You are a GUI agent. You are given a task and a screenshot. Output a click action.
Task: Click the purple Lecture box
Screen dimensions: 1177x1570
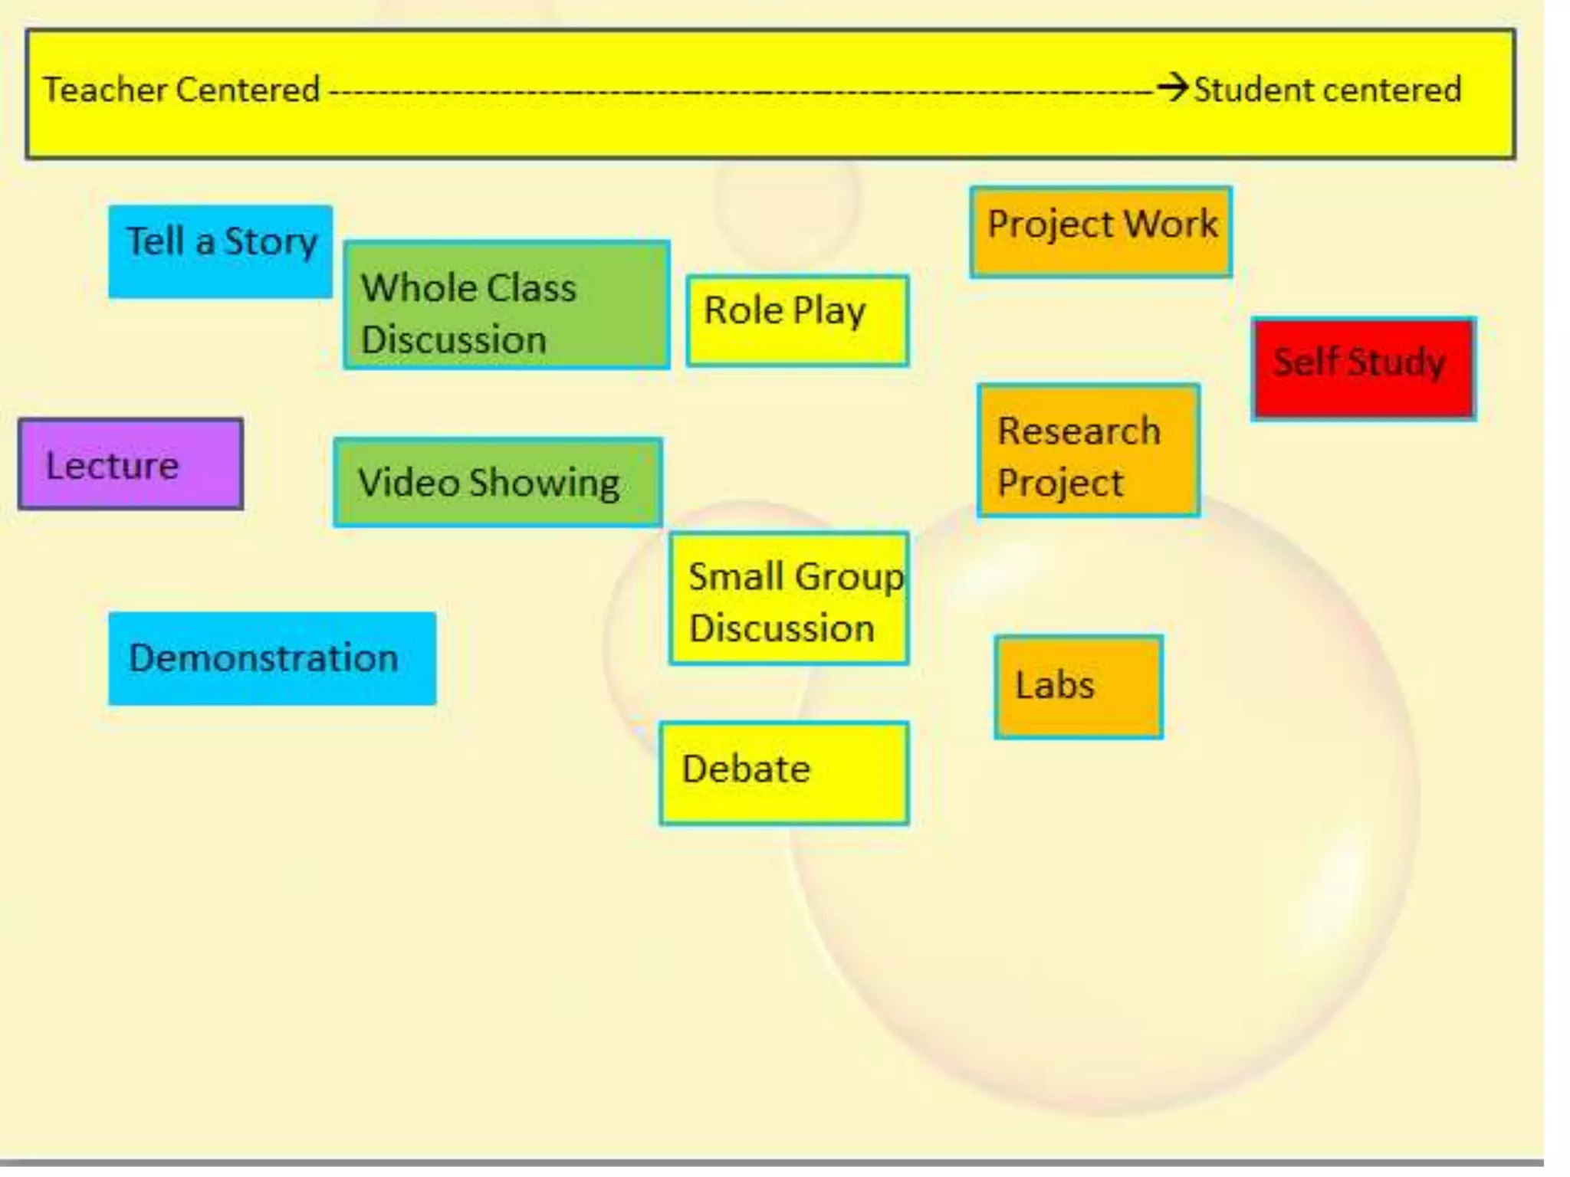(x=131, y=464)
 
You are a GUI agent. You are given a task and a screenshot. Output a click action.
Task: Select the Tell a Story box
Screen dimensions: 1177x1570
(x=220, y=251)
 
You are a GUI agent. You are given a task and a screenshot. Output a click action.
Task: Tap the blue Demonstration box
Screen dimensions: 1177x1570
(x=272, y=658)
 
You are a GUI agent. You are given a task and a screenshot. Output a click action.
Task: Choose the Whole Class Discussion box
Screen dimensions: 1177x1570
(x=507, y=305)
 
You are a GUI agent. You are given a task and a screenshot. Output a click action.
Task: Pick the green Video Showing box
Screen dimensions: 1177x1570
(x=498, y=483)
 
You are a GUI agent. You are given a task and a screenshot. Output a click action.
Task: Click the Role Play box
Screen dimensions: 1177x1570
(x=797, y=320)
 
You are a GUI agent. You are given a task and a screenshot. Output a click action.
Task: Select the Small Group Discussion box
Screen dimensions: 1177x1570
(x=789, y=598)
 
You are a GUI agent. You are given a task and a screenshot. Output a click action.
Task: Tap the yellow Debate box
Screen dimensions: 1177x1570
(x=784, y=773)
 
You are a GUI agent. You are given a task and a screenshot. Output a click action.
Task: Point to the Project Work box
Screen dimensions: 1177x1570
(x=1101, y=231)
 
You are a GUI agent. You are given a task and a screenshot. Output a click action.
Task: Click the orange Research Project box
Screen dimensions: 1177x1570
(x=1089, y=451)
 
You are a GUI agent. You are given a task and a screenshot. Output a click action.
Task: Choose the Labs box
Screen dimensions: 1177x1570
(x=1079, y=687)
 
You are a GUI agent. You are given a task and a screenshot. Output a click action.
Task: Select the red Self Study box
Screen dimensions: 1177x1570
(x=1363, y=369)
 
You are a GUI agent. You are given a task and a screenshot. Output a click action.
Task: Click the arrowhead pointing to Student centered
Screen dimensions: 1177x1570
(x=1173, y=87)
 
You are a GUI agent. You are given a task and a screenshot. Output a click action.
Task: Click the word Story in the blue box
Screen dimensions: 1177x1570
(x=271, y=242)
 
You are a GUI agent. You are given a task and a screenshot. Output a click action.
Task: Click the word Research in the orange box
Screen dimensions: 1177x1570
(x=1079, y=431)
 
